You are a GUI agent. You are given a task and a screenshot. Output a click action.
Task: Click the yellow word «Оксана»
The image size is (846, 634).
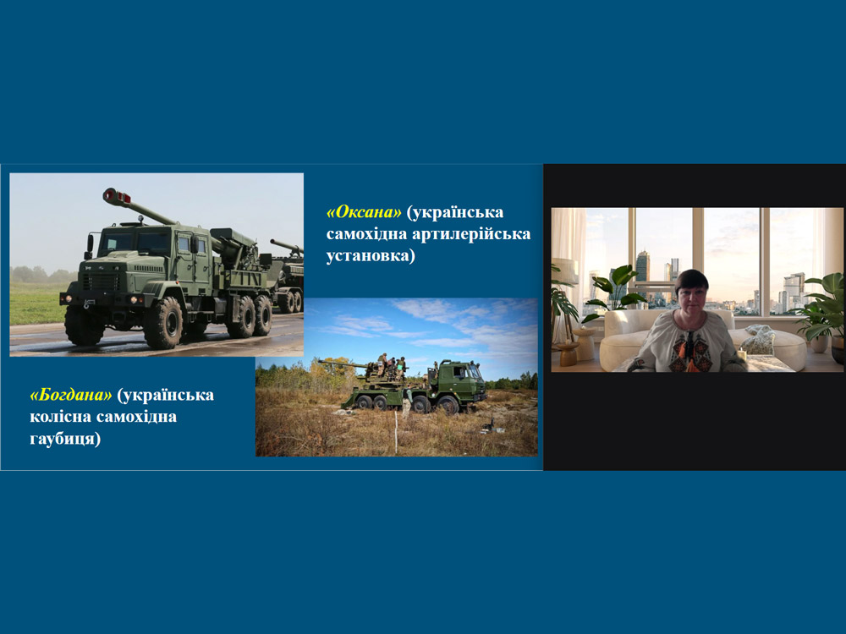364,212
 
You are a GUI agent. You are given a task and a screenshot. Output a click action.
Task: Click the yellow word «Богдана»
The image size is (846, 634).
71,395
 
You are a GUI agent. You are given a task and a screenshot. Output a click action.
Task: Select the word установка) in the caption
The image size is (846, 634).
371,255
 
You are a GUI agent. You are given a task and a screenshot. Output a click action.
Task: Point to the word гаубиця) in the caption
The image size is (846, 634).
65,439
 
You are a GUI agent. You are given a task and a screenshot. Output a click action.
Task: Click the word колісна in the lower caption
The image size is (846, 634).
60,417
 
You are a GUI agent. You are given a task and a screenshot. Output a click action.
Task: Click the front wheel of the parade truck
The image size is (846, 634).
163,322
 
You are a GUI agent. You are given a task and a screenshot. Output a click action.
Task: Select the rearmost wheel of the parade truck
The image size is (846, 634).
263,315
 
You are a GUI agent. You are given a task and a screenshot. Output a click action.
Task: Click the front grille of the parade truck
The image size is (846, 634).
101,281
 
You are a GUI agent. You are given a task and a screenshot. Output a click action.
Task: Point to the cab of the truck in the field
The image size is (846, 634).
460,377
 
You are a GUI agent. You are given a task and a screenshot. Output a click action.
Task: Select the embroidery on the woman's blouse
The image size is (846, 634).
689,350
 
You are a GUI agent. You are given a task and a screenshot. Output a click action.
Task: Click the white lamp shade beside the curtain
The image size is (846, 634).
565,271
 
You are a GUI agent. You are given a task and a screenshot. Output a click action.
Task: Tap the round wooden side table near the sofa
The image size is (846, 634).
568,353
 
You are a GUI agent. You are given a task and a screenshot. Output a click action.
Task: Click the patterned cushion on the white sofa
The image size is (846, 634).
760,340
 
